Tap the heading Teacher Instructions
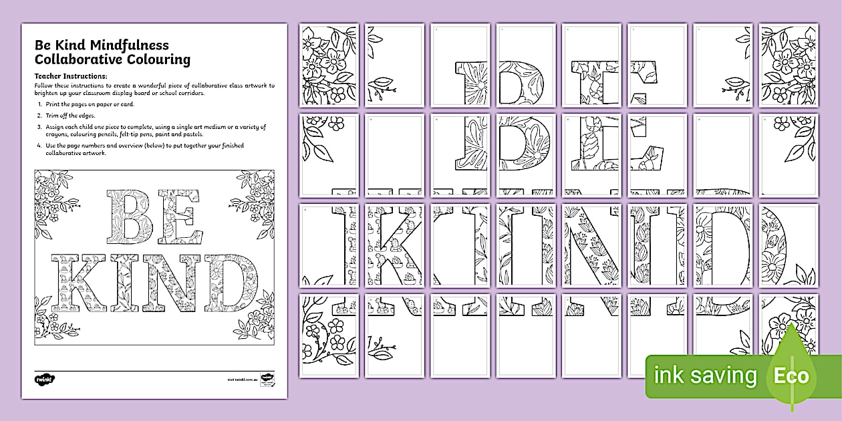[x=71, y=76]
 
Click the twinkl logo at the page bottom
[x=45, y=379]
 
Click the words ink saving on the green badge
[x=706, y=376]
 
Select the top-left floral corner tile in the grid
[x=329, y=65]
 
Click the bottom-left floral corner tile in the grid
[x=329, y=335]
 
